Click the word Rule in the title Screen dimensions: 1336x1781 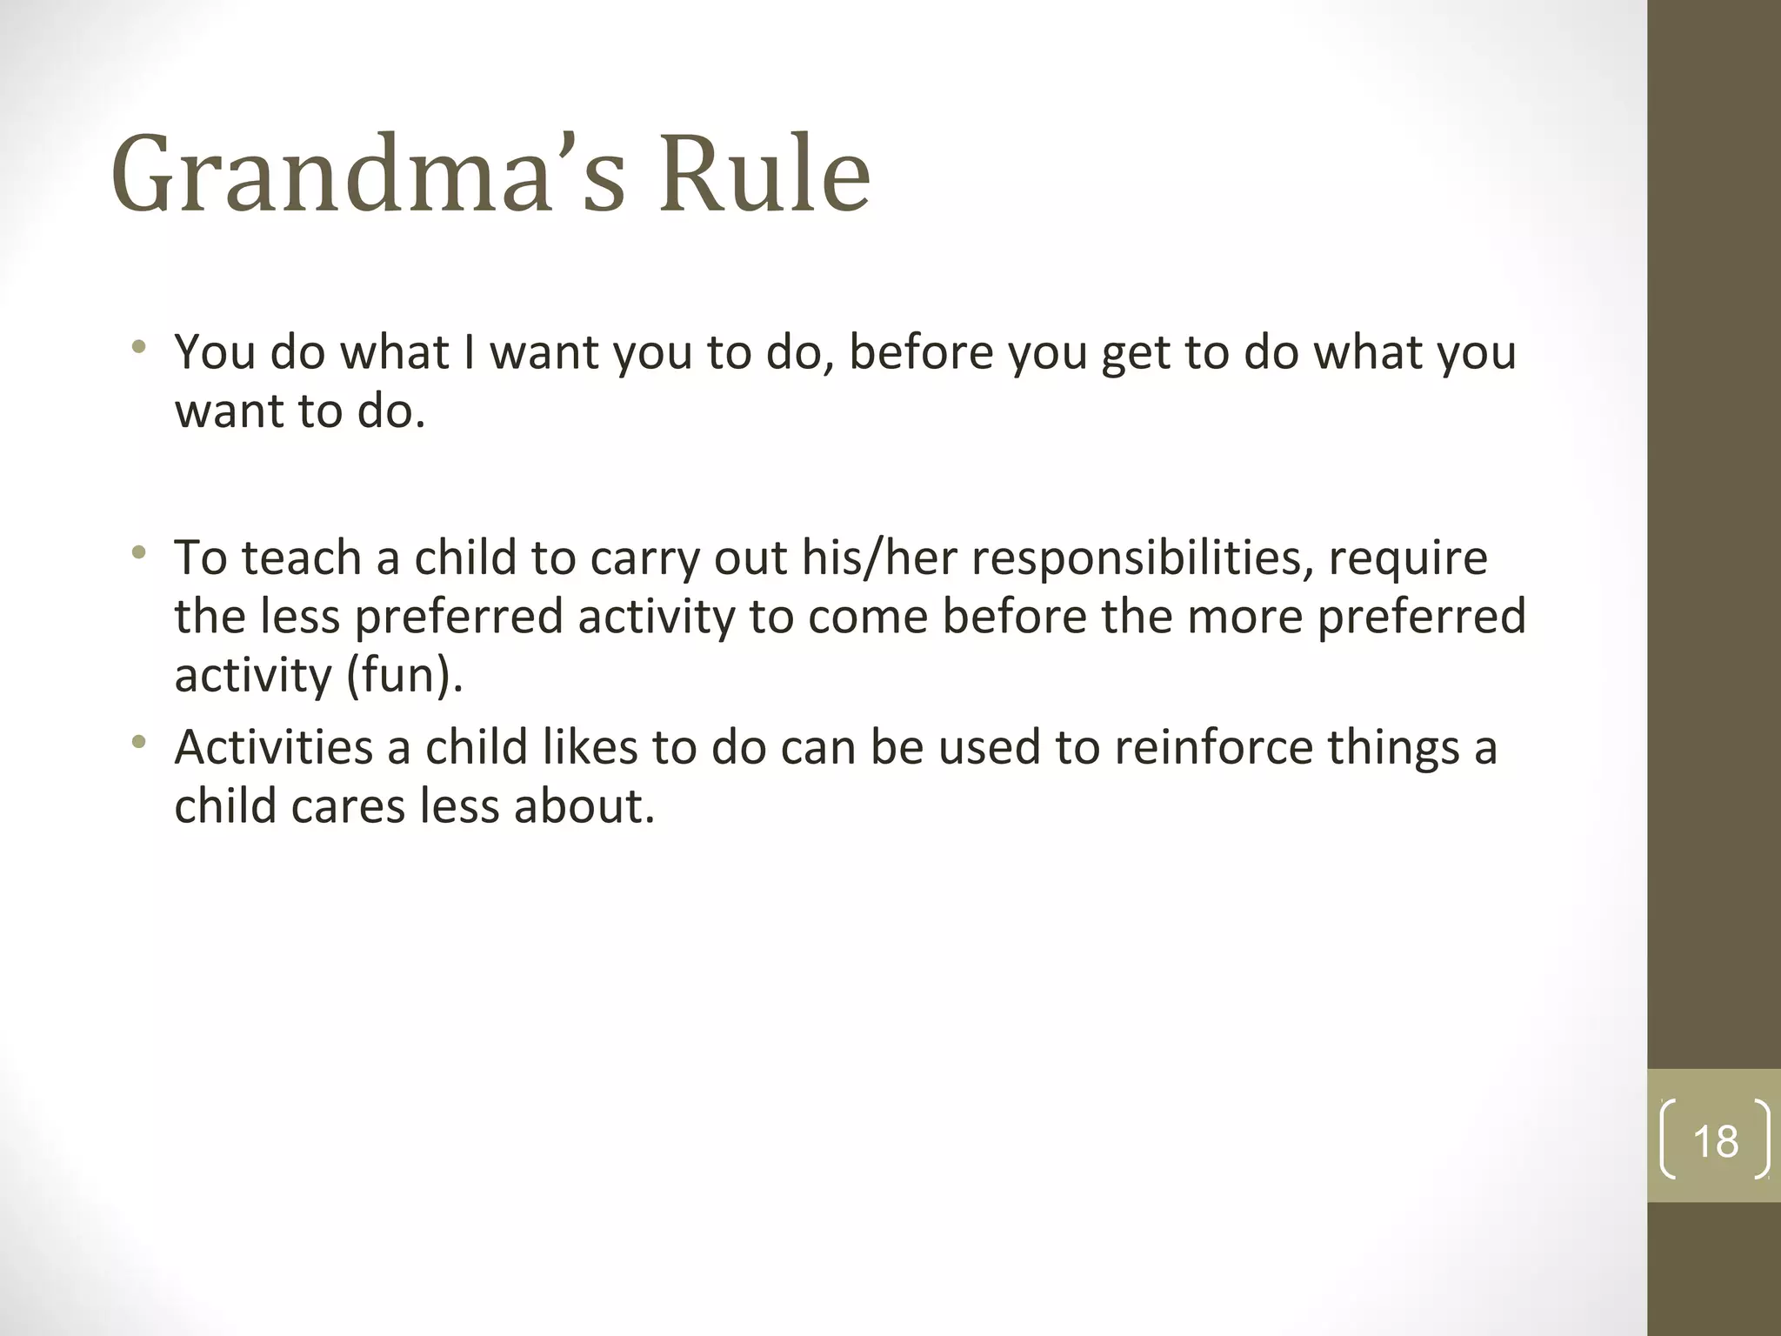click(764, 174)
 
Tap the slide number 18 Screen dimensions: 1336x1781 click(1715, 1141)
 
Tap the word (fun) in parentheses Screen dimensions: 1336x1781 click(404, 675)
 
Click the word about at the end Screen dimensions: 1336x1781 click(583, 806)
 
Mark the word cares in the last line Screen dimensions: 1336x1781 click(348, 806)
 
